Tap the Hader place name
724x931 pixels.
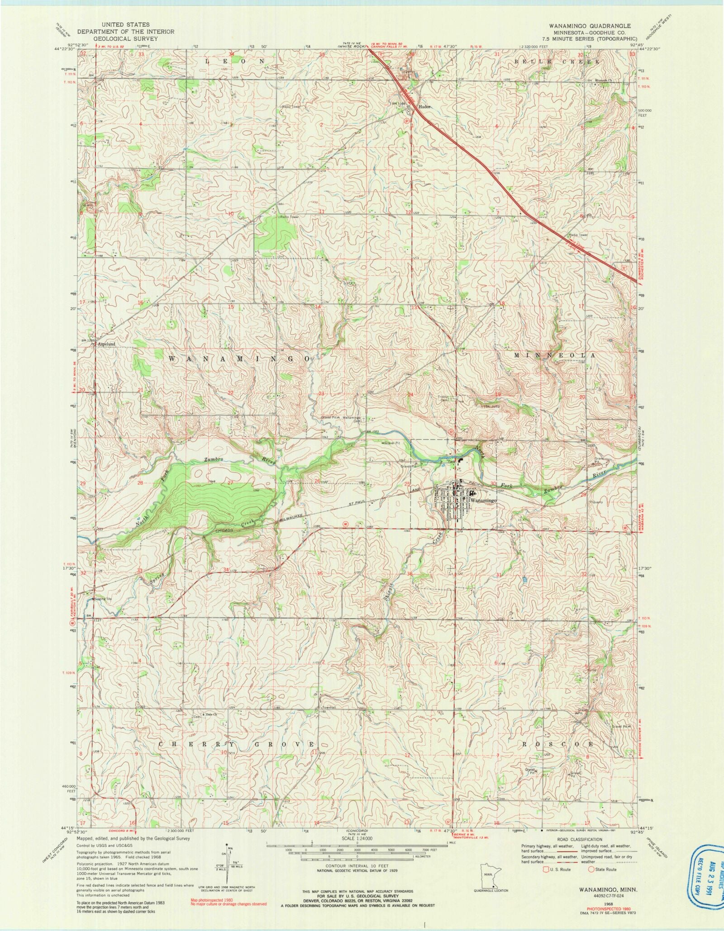pyautogui.click(x=424, y=107)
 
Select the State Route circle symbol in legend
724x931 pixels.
pyautogui.click(x=591, y=869)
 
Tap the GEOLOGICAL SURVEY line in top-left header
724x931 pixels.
pyautogui.click(x=125, y=39)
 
